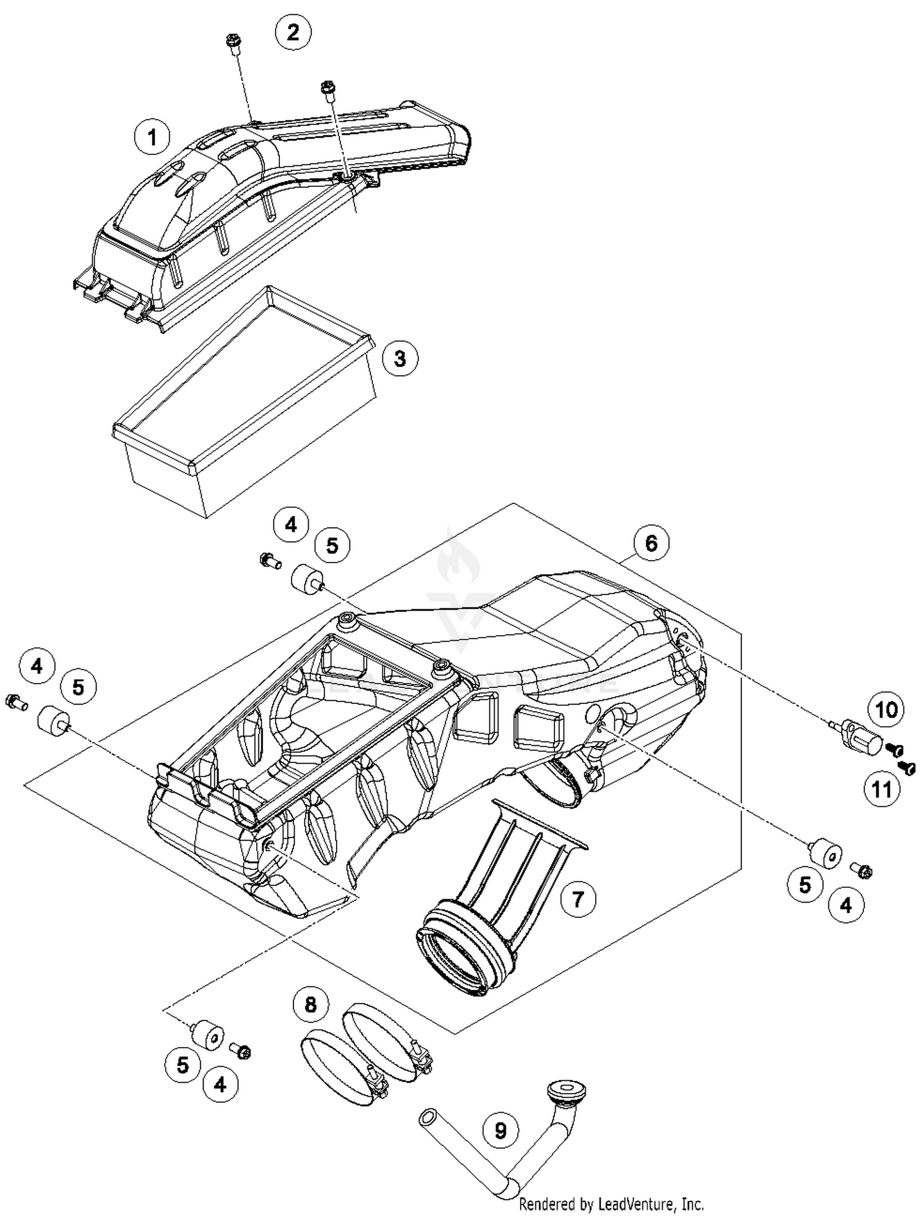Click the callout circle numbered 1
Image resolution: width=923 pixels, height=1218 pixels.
pyautogui.click(x=152, y=136)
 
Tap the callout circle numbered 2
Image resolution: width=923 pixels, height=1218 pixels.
pyautogui.click(x=293, y=31)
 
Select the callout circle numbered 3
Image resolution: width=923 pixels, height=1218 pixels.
pyautogui.click(x=400, y=358)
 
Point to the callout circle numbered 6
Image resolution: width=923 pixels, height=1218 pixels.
pyautogui.click(x=651, y=543)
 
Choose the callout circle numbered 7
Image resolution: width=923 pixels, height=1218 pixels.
pyautogui.click(x=578, y=900)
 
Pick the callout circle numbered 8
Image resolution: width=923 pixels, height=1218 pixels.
pyautogui.click(x=311, y=1005)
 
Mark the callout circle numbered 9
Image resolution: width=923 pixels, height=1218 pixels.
pyautogui.click(x=500, y=1130)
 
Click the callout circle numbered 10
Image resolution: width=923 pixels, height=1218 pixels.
pyautogui.click(x=886, y=710)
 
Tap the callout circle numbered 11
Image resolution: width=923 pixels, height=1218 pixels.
pyautogui.click(x=882, y=789)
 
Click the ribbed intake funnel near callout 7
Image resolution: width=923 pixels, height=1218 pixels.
pyautogui.click(x=492, y=885)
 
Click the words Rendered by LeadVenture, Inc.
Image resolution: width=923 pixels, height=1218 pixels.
pyautogui.click(x=611, y=1204)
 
